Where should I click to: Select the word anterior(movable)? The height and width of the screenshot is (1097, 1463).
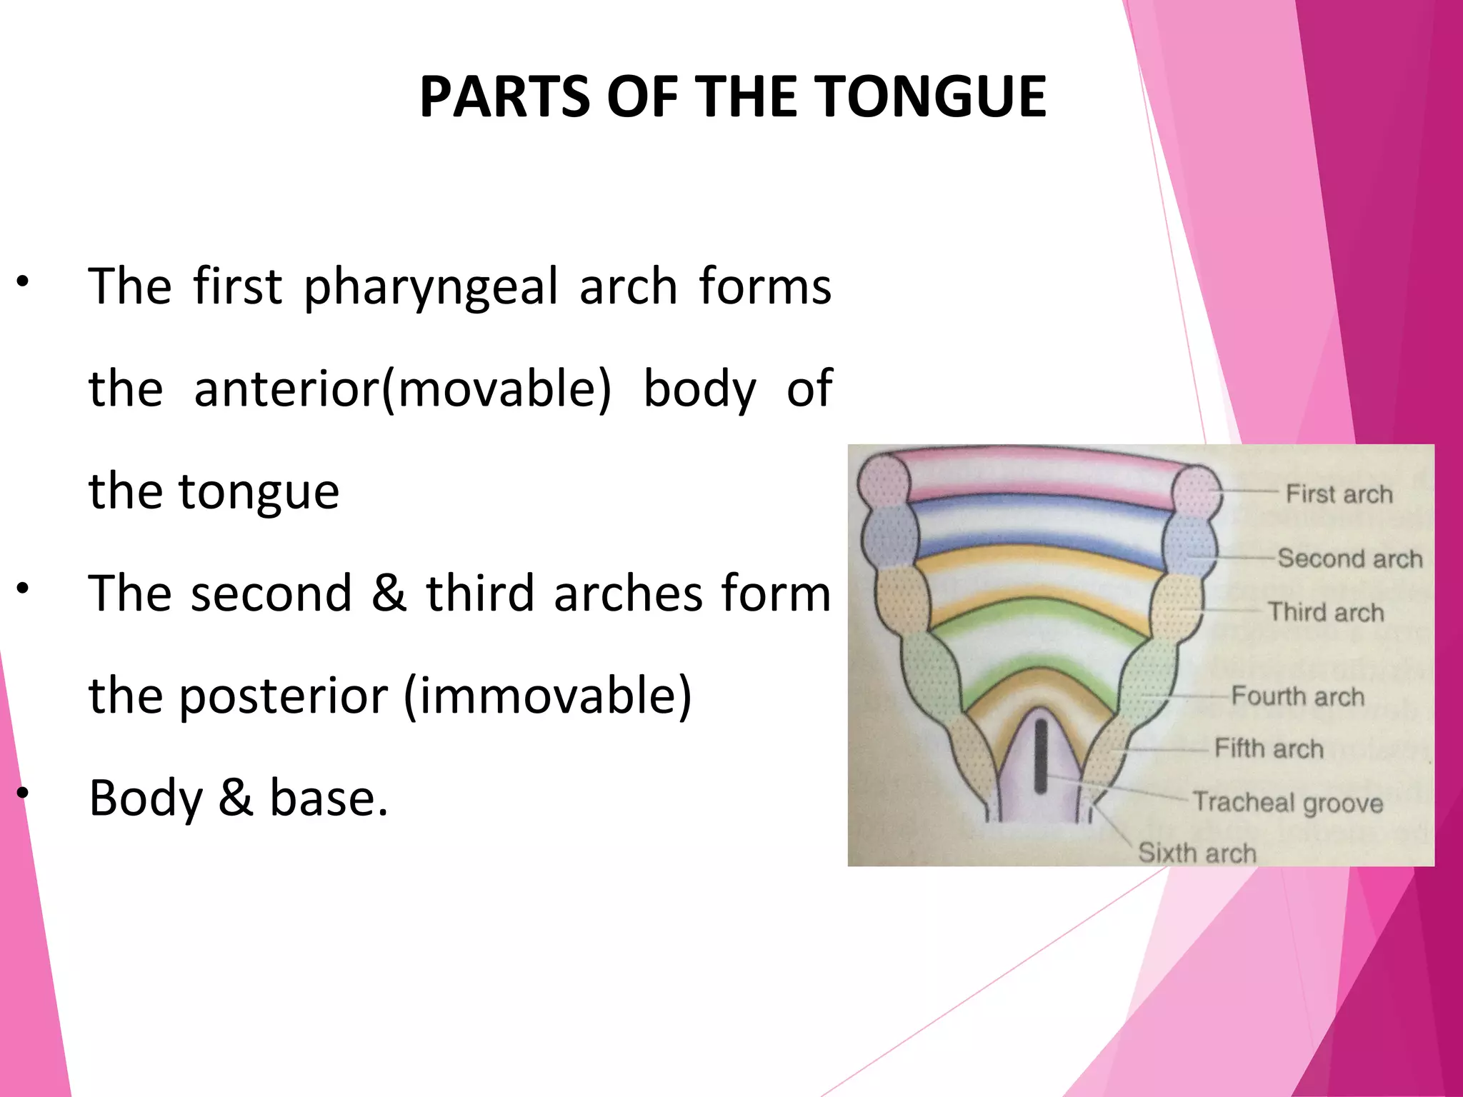click(x=402, y=389)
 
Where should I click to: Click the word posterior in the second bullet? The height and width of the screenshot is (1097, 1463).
click(x=284, y=696)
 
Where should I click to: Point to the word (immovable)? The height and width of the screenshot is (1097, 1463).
click(x=548, y=696)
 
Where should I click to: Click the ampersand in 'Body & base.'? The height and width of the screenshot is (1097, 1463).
click(x=236, y=798)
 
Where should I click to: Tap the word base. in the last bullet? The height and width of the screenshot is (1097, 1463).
click(x=329, y=798)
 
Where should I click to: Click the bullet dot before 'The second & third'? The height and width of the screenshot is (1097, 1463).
click(x=23, y=588)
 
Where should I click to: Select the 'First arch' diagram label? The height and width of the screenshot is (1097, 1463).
click(x=1339, y=494)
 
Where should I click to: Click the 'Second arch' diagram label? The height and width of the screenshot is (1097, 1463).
click(x=1349, y=558)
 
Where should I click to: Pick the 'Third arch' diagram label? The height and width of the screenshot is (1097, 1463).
click(x=1326, y=613)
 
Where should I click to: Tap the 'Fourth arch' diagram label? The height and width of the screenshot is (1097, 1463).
click(x=1297, y=696)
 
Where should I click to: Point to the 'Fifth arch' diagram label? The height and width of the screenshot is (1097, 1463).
click(x=1269, y=748)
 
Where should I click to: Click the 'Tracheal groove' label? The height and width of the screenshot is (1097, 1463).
click(x=1288, y=803)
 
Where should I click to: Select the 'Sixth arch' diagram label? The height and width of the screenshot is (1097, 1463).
click(x=1197, y=853)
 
